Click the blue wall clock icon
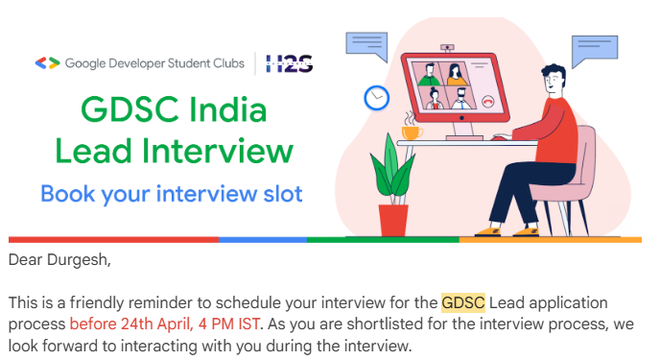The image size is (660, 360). click(377, 97)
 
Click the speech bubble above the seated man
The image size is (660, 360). click(592, 49)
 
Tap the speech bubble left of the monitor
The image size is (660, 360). click(366, 44)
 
